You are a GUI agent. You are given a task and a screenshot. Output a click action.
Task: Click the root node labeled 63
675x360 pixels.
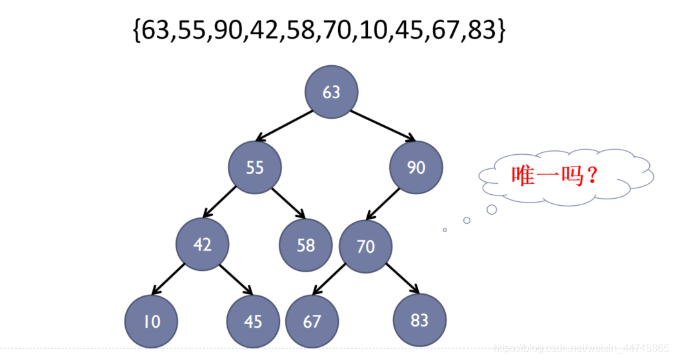pyautogui.click(x=331, y=91)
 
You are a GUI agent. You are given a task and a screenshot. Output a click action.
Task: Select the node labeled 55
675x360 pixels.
pyautogui.click(x=255, y=168)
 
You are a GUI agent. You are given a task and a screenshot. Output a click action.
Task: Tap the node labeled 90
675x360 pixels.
pyautogui.click(x=416, y=168)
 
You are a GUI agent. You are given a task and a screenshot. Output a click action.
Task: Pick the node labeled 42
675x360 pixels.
pyautogui.click(x=203, y=244)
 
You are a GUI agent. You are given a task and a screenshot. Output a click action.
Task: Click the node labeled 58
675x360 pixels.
pyautogui.click(x=306, y=245)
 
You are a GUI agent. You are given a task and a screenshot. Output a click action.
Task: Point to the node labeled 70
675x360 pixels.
pyautogui.click(x=365, y=246)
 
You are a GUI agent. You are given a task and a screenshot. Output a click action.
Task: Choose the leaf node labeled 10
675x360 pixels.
pyautogui.click(x=152, y=321)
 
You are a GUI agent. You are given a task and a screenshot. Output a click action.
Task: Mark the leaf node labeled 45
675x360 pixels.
pyautogui.click(x=254, y=321)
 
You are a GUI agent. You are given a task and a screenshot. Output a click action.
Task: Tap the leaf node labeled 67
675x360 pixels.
pyautogui.click(x=312, y=321)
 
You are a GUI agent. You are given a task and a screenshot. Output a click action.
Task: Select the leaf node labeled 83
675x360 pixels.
pyautogui.click(x=419, y=319)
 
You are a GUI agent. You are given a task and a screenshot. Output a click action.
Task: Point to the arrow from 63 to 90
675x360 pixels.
pyautogui.click(x=381, y=124)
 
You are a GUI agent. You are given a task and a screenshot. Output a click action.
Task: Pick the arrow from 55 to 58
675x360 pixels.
pyautogui.click(x=288, y=203)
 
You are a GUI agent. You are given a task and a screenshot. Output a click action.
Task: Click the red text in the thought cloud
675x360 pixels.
pyautogui.click(x=553, y=175)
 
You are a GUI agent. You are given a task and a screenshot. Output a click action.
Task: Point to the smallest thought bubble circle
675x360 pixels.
pyautogui.click(x=445, y=230)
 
